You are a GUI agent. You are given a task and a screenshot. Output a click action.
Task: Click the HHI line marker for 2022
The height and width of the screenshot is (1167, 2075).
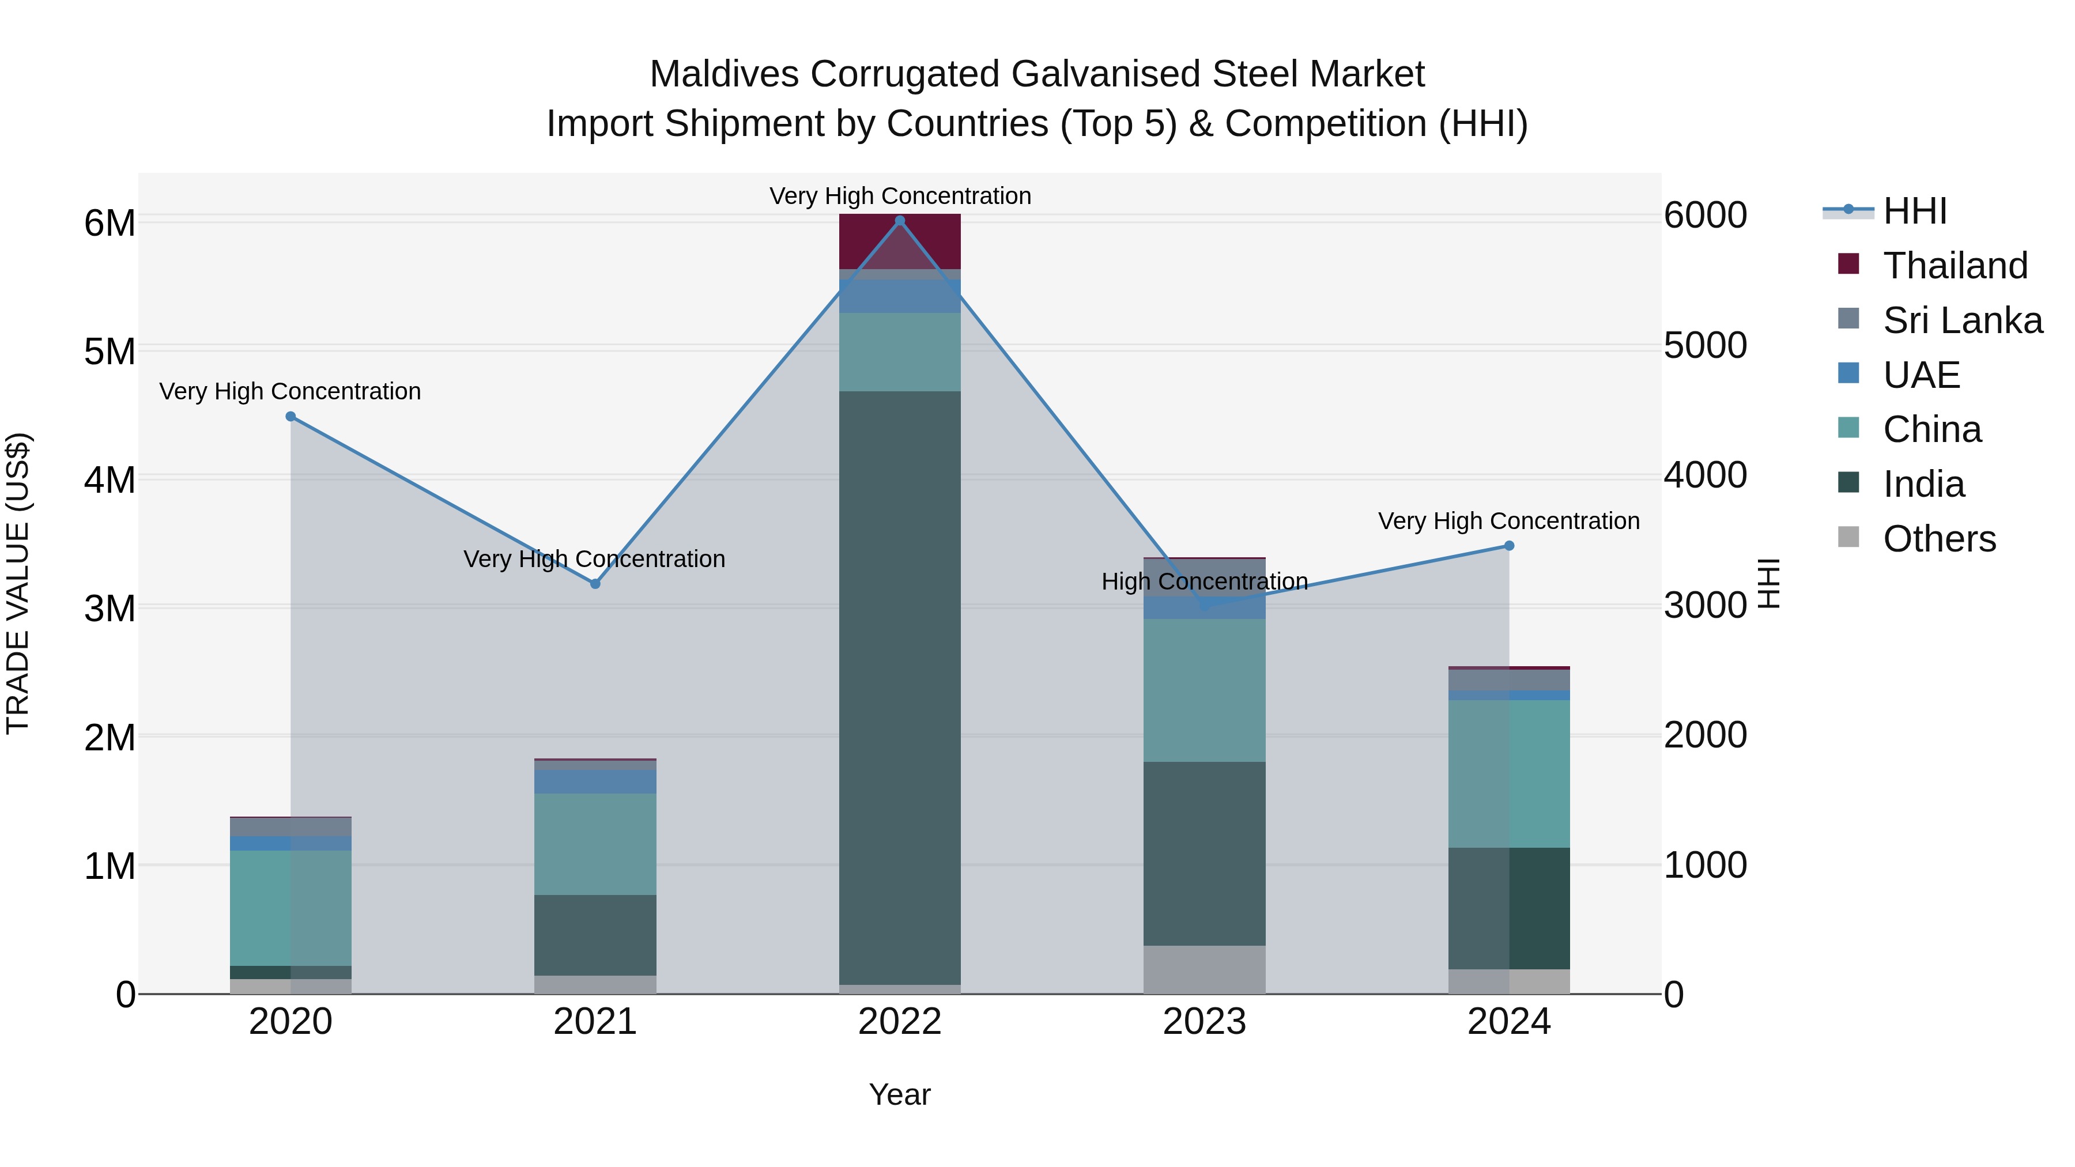coord(900,221)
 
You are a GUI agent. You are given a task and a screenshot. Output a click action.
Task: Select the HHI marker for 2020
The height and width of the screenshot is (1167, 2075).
coord(291,417)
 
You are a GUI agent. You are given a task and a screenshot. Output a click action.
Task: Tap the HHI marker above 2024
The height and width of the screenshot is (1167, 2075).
coord(1509,546)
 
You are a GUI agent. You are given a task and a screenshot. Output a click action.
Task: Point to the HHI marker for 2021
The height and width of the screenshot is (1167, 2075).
coord(595,584)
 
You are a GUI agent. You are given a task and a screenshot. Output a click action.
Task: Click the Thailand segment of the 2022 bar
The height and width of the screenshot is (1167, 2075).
coord(900,241)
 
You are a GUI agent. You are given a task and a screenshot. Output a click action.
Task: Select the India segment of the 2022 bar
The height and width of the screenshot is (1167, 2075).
coord(900,685)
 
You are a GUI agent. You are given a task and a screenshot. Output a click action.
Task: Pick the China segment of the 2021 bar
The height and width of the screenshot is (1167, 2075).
coord(595,844)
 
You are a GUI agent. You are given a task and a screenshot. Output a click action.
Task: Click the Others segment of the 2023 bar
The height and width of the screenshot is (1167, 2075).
coord(1204,970)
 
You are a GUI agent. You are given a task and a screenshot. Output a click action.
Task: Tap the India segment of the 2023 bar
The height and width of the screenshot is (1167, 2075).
coord(1204,853)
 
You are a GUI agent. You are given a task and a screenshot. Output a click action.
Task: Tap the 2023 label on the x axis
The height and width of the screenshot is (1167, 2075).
coord(1204,1022)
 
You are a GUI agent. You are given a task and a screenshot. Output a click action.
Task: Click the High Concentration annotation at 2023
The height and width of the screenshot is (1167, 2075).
coord(1204,581)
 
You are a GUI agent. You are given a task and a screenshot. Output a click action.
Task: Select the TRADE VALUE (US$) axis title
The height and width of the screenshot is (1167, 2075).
coord(18,583)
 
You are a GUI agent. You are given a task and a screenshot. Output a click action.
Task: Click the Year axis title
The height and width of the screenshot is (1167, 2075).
coord(900,1094)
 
